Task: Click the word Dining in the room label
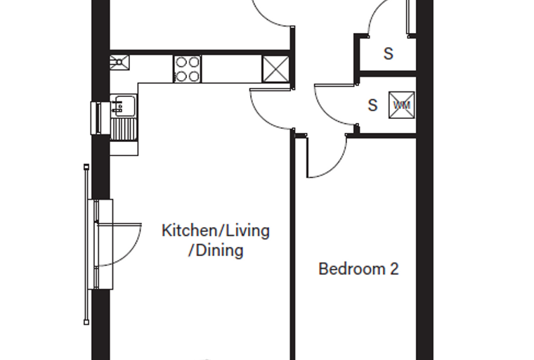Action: point(220,250)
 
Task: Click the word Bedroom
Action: point(351,269)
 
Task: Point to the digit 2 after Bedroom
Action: point(394,269)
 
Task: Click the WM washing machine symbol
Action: point(402,105)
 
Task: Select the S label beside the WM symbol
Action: point(373,105)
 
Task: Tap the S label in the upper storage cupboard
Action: point(389,53)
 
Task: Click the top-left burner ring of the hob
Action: point(181,63)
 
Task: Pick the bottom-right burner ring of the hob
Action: point(193,76)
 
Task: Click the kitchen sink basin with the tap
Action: point(123,105)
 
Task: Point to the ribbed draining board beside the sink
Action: point(124,129)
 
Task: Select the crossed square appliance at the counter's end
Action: point(275,69)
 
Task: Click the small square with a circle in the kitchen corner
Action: point(119,63)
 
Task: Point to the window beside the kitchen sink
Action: point(96,118)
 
